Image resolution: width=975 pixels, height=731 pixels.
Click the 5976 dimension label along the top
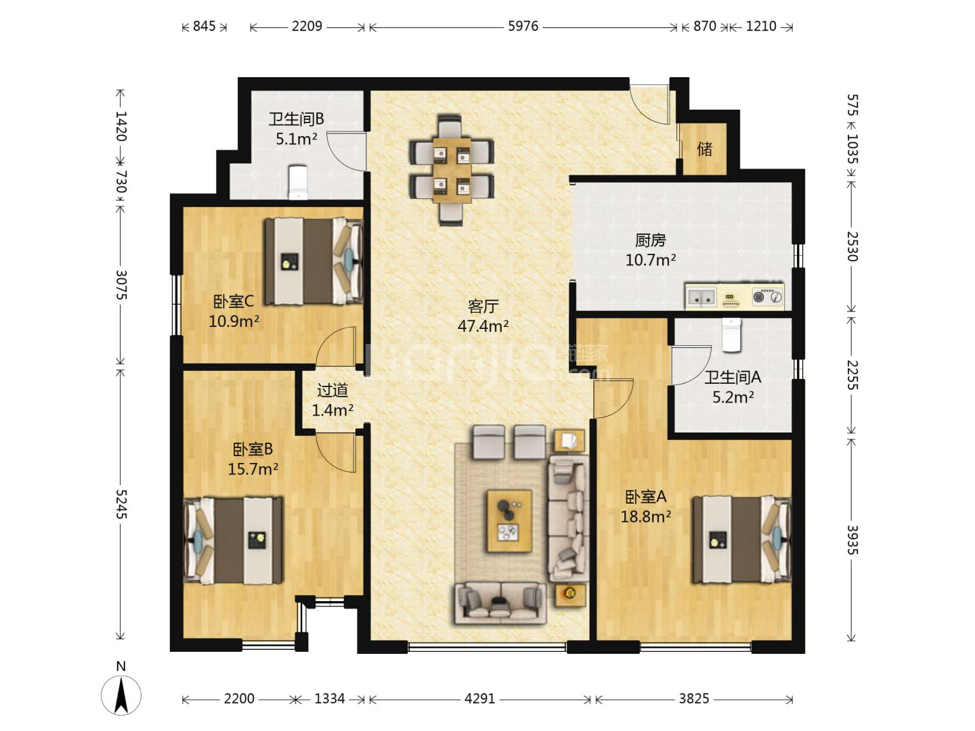click(523, 26)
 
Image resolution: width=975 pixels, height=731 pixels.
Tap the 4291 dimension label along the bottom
click(479, 699)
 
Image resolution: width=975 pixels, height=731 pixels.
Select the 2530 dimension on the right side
click(852, 246)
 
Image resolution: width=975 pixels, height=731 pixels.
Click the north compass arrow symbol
click(121, 696)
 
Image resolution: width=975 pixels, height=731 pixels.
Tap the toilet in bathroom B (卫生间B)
click(298, 183)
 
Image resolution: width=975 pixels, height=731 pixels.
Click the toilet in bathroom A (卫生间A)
click(731, 335)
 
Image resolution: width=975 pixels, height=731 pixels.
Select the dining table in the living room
click(452, 171)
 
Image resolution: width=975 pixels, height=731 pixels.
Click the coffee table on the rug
click(509, 521)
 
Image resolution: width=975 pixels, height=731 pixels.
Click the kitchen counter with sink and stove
click(734, 296)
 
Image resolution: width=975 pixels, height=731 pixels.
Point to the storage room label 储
click(704, 149)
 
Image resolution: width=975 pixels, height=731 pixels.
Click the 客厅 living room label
click(483, 306)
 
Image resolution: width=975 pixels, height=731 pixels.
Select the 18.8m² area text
click(645, 516)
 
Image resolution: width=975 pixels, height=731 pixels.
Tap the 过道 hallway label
click(332, 391)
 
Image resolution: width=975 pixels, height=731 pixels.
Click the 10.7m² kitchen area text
click(650, 260)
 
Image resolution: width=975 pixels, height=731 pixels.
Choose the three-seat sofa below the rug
click(500, 602)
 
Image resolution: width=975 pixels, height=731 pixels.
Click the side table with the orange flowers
click(570, 595)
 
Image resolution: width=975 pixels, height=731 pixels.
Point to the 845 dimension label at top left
click(204, 26)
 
